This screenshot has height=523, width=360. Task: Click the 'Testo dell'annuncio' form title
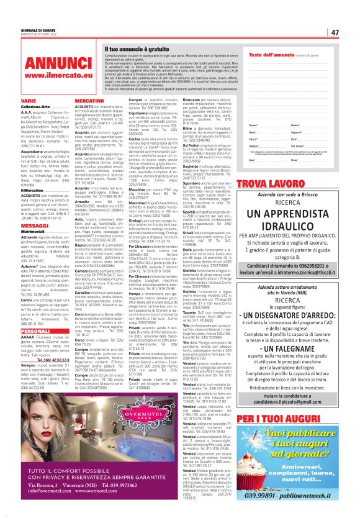[x=268, y=55]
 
